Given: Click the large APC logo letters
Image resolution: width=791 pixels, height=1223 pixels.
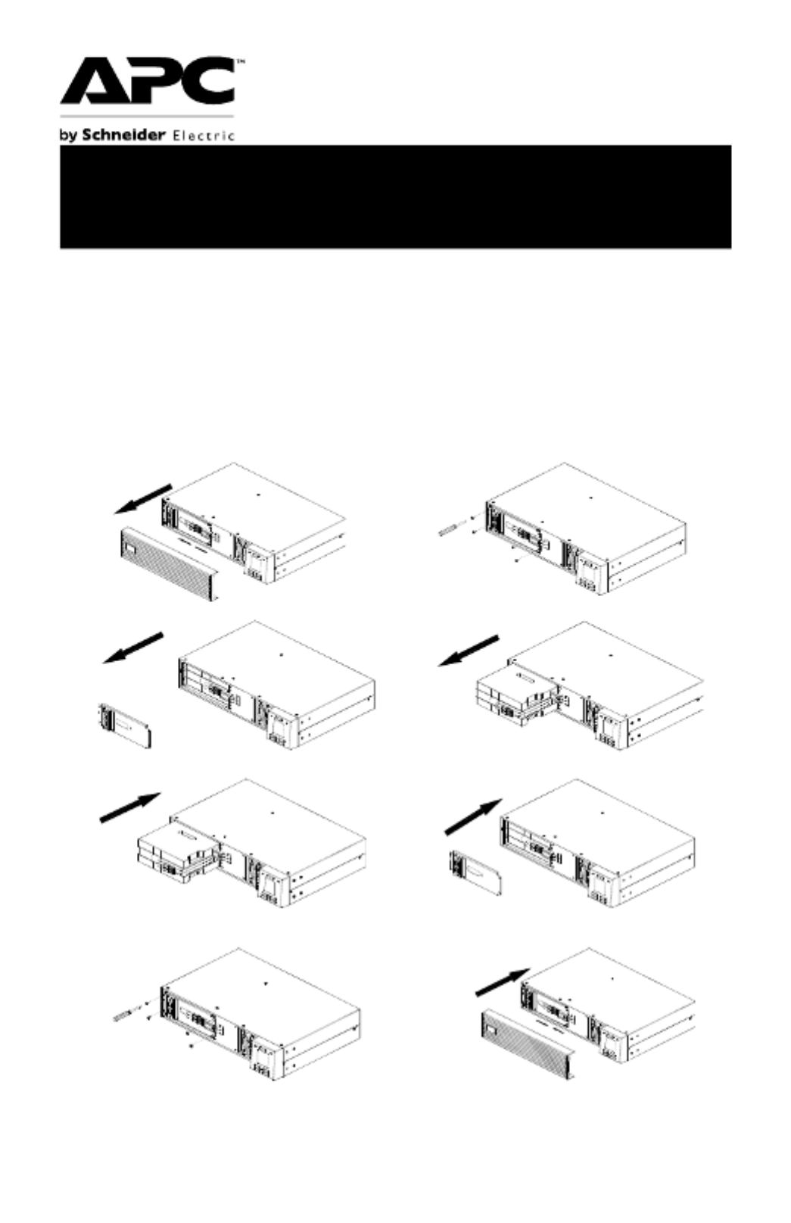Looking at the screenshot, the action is (x=148, y=80).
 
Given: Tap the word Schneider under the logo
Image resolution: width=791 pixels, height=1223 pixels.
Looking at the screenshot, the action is (x=123, y=135).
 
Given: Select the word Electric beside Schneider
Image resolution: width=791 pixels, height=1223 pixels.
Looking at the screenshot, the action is (x=204, y=136).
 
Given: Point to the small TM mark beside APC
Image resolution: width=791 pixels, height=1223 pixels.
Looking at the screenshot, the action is (x=240, y=62).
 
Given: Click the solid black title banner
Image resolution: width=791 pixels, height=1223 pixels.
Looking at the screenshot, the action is (x=395, y=197).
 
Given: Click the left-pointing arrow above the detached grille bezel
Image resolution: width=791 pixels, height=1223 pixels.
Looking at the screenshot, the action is (x=143, y=499).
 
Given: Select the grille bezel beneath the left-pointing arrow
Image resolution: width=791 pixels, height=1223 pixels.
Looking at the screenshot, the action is (x=170, y=564).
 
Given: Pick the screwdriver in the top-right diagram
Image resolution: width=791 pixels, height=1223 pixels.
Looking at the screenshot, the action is (x=452, y=528).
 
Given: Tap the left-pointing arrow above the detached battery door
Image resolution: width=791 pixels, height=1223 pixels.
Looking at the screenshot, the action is (x=133, y=648).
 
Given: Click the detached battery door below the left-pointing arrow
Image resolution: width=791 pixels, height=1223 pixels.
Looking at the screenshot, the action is (x=124, y=725).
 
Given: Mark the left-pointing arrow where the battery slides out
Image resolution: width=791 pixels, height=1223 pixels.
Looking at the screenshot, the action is (x=469, y=650).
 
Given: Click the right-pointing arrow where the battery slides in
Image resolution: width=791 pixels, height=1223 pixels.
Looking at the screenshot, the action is (x=130, y=807).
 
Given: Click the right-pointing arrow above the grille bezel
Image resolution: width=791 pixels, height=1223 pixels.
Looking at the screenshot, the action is (x=503, y=983).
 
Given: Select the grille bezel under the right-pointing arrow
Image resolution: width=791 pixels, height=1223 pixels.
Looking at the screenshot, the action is (x=528, y=1043).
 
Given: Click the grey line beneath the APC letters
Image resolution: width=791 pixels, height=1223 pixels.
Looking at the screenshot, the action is (x=147, y=117).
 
